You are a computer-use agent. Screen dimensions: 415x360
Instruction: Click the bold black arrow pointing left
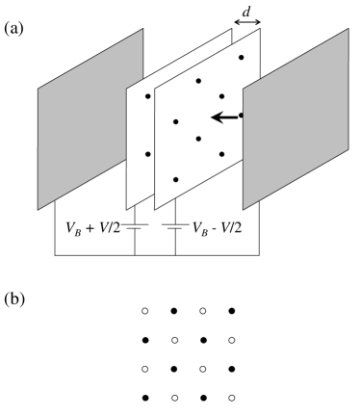pyautogui.click(x=224, y=117)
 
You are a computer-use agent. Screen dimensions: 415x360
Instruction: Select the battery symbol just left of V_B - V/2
pyautogui.click(x=176, y=229)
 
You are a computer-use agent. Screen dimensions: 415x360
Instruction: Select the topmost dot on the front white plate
pyautogui.click(x=241, y=58)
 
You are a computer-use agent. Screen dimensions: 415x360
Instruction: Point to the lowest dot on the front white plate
pyautogui.click(x=175, y=179)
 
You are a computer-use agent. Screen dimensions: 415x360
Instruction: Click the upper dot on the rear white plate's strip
pyautogui.click(x=147, y=96)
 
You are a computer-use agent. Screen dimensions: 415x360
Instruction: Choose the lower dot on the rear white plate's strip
pyautogui.click(x=147, y=154)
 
